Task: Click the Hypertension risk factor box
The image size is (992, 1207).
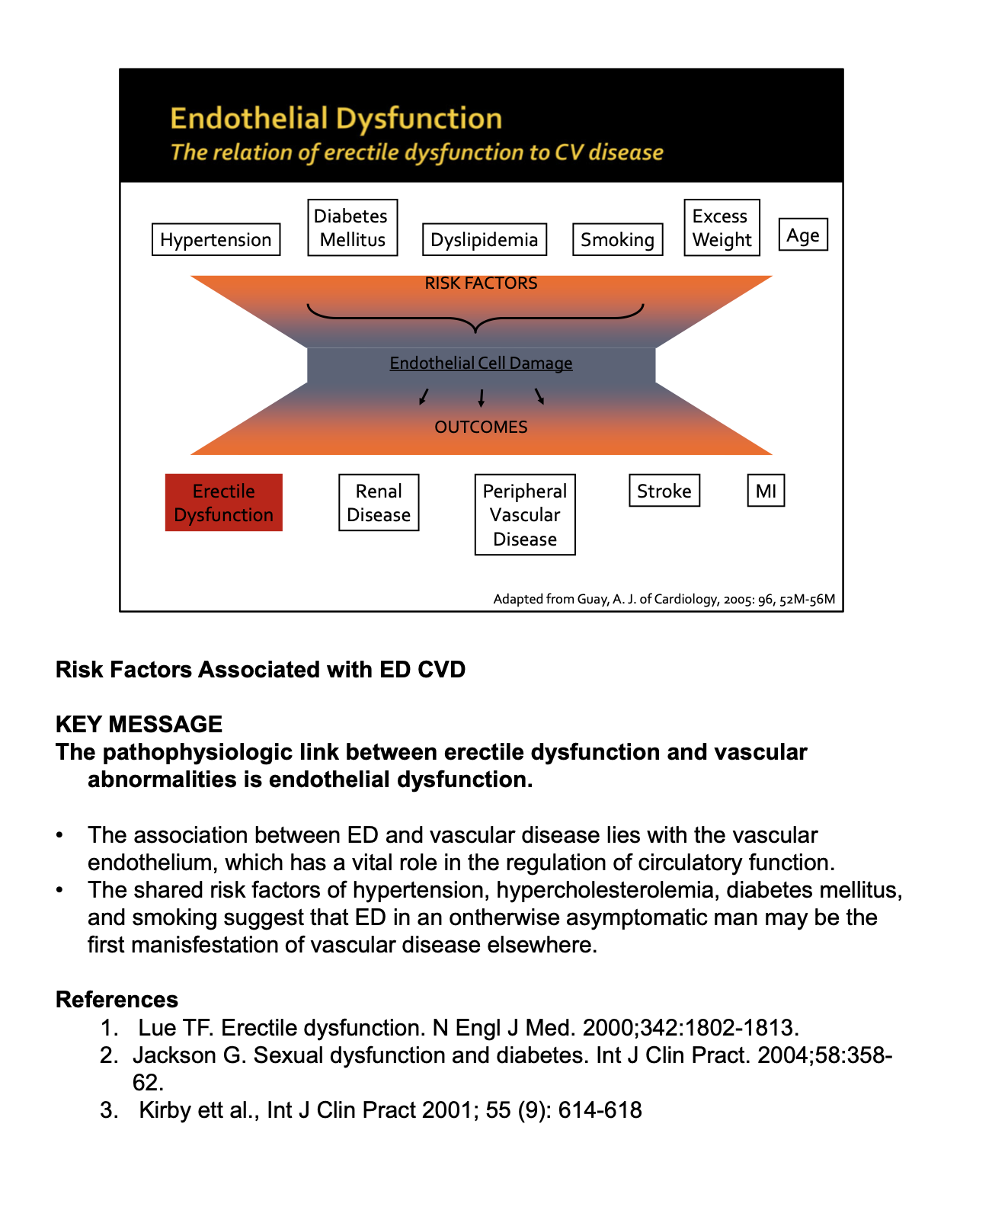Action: point(216,239)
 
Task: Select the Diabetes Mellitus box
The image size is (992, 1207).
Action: point(352,228)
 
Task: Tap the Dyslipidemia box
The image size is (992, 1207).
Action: point(484,239)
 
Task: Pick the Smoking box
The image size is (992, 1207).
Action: point(617,239)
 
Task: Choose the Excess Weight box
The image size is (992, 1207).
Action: point(722,228)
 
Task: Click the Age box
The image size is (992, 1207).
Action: point(802,235)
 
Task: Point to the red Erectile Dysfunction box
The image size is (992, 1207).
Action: point(223,503)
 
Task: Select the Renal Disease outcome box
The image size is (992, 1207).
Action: point(379,503)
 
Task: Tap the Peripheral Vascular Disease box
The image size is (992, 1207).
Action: point(525,515)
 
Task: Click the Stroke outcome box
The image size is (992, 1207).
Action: point(664,491)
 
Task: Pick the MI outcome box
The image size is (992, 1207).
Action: point(766,491)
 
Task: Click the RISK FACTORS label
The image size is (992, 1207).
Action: point(481,283)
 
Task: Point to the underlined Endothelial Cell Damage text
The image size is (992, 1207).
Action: point(481,363)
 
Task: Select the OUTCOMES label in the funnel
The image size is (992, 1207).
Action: point(481,427)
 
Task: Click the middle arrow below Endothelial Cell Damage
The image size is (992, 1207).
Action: point(481,398)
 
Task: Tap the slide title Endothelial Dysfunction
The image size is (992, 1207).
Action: point(336,119)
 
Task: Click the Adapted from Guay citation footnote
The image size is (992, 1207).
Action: point(664,599)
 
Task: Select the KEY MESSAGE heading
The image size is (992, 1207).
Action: point(139,724)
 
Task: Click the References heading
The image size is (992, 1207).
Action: point(117,1000)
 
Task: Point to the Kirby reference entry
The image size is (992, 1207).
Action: point(390,1110)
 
